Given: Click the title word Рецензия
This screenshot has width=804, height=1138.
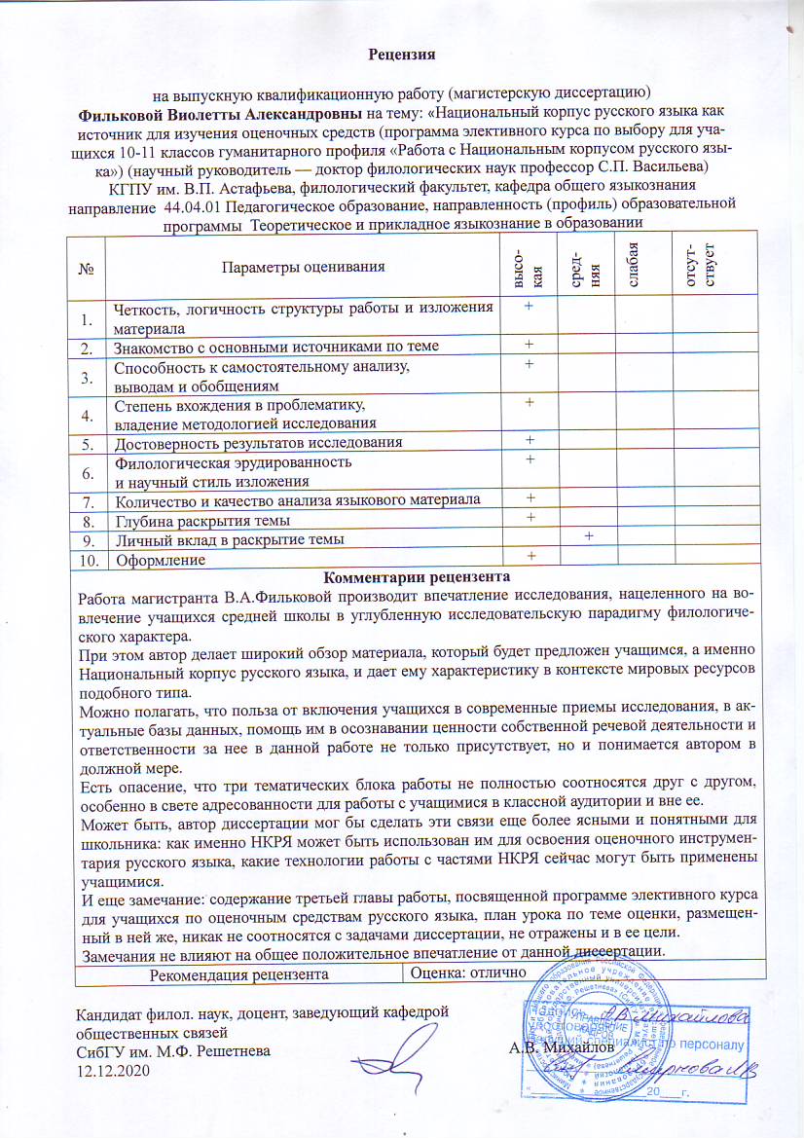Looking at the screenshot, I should coord(401,53).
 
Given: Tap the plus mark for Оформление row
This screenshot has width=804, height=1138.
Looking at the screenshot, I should coord(530,555).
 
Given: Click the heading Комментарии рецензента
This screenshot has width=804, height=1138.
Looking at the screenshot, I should coord(401,576).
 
